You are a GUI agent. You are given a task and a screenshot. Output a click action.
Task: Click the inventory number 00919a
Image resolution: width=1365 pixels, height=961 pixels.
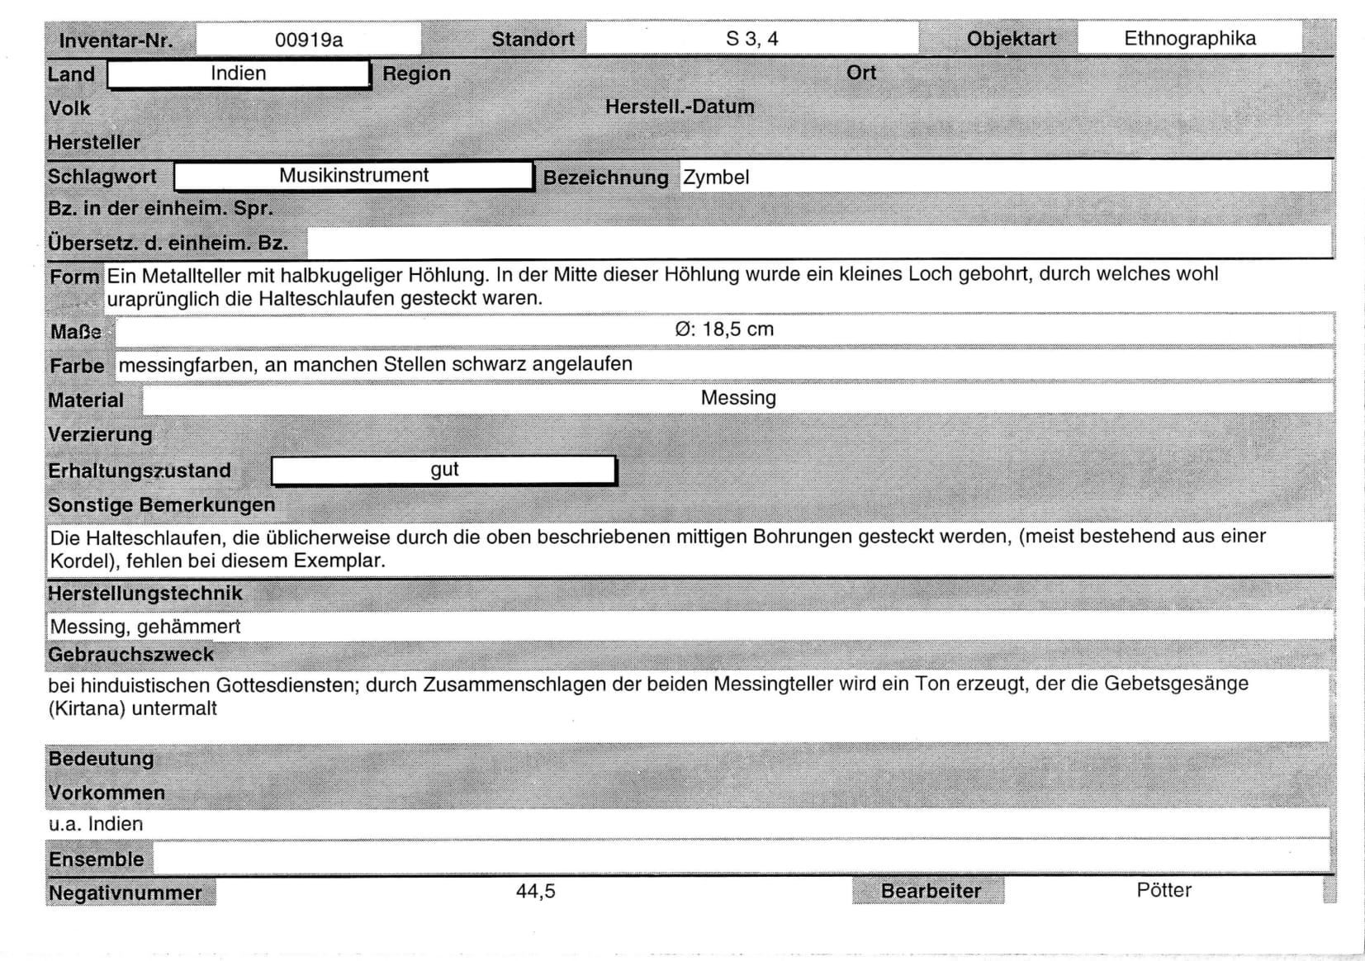point(308,40)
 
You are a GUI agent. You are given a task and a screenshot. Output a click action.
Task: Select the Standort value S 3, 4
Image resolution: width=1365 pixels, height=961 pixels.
point(751,39)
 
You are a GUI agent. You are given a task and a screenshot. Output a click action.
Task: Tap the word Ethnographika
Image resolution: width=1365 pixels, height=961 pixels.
point(1189,38)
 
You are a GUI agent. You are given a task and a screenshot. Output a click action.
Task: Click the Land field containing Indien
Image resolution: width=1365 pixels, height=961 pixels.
point(238,73)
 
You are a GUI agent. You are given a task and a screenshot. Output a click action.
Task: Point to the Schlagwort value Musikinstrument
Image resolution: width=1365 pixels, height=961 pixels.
point(353,175)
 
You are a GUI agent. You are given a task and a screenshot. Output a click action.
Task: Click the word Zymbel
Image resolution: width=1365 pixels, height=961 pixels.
point(716,178)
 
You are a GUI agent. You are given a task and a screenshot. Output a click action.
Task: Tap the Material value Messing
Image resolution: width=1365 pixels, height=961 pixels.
point(738,398)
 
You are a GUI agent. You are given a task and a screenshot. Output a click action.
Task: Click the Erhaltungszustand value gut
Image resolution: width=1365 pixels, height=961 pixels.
point(444,470)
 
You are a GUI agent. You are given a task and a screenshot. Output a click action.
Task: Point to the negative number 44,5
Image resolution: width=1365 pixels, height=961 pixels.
point(535,892)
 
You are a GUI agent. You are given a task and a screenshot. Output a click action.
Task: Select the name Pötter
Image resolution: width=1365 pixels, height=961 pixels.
point(1164,890)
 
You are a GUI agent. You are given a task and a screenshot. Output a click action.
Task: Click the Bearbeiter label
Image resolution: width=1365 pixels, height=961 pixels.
point(931,892)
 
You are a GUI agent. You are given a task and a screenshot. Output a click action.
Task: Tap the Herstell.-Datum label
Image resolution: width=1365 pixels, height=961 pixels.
point(680,107)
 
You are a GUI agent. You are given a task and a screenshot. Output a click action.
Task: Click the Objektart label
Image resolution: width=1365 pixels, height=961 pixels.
point(1011,40)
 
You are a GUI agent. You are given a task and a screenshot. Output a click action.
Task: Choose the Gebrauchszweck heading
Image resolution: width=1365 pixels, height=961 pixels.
point(130,655)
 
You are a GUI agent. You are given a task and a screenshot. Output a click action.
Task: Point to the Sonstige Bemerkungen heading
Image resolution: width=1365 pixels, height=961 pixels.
point(161,505)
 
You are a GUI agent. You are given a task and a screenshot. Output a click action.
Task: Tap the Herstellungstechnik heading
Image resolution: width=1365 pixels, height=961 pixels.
point(145,594)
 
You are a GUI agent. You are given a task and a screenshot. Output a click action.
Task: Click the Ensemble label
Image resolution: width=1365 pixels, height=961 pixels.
point(96,859)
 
